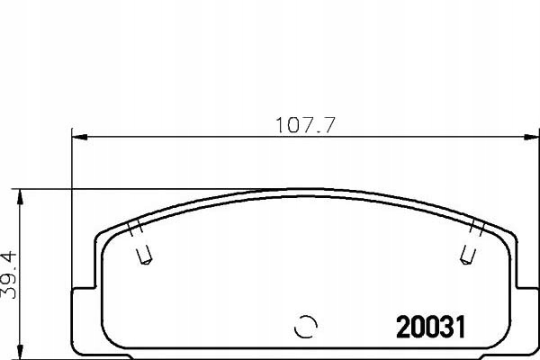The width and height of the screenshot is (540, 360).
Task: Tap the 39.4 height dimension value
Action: pyautogui.click(x=8, y=277)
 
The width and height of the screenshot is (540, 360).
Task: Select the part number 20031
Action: pyautogui.click(x=431, y=327)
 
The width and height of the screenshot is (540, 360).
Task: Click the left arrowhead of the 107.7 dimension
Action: pyautogui.click(x=78, y=138)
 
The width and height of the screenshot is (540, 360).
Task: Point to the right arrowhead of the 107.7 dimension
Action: pyautogui.click(x=525, y=138)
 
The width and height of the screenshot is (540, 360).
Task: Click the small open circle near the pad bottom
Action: pyautogui.click(x=306, y=326)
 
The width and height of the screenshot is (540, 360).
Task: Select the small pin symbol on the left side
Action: pyautogui.click(x=140, y=257)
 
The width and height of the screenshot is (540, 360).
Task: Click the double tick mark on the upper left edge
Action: pyautogui.click(x=134, y=225)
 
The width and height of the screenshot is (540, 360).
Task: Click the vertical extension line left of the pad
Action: pyautogui.click(x=72, y=207)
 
